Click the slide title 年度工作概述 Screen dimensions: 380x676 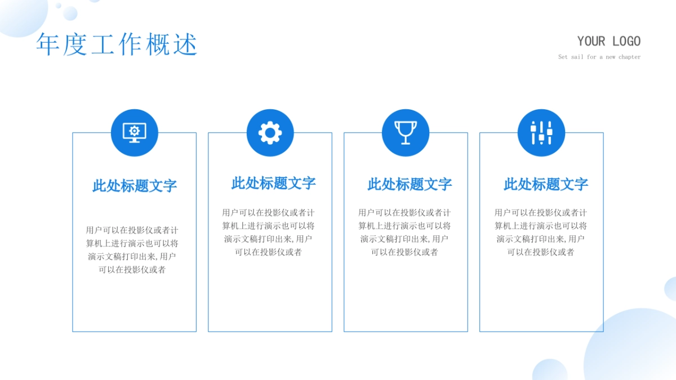pos(117,44)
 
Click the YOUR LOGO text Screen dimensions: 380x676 pos(608,41)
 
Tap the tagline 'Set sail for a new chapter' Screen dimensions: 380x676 pos(599,57)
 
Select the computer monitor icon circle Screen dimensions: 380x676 pos(135,132)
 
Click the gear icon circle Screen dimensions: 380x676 pos(270,132)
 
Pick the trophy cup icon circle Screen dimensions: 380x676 pos(406,132)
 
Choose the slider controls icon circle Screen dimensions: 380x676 pos(541,132)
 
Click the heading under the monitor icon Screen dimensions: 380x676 pos(135,186)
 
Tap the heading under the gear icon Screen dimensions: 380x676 pos(273,183)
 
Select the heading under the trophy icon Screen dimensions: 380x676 pos(410,184)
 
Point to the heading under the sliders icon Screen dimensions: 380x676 pos(545,184)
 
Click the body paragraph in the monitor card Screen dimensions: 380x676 pos(132,250)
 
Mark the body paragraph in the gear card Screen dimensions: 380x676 pos(268,232)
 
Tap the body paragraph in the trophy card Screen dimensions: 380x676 pos(404,232)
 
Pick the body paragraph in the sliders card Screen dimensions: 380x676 pos(541,232)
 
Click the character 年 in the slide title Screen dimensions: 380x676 pos(48,44)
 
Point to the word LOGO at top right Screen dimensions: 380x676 pos(626,41)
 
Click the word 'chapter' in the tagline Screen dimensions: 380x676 pos(629,57)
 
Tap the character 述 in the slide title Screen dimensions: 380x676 pos(185,44)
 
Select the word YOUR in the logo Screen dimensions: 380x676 pos(591,41)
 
